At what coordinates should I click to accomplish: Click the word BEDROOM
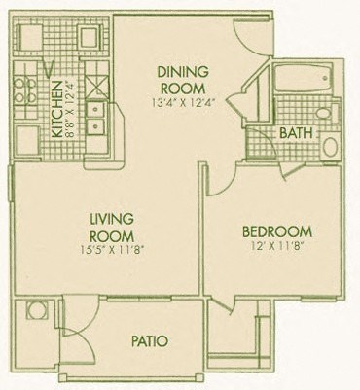click(x=276, y=230)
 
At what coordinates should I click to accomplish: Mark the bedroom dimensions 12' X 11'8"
click(x=276, y=246)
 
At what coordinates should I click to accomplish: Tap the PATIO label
click(x=150, y=341)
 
